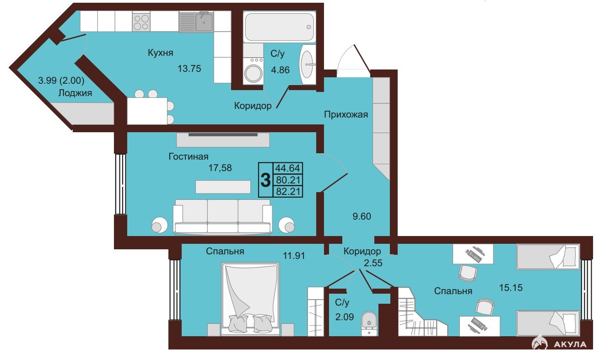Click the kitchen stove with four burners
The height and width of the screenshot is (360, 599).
click(x=141, y=22)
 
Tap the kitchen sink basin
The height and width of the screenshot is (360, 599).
click(x=204, y=22)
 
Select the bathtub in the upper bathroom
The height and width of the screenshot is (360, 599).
click(x=280, y=27)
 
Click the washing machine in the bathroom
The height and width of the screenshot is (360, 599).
click(x=253, y=70)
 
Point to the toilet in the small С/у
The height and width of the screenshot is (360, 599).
click(x=369, y=323)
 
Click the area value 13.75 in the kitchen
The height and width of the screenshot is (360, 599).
click(x=189, y=69)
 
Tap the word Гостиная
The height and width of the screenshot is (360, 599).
click(x=189, y=156)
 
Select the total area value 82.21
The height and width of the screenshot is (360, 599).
click(x=288, y=191)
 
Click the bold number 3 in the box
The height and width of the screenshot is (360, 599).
click(x=265, y=180)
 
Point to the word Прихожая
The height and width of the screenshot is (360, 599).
click(x=346, y=114)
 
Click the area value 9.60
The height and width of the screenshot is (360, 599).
click(x=362, y=216)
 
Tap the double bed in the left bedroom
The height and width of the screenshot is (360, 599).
click(x=251, y=299)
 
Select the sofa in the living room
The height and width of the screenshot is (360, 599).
click(x=222, y=216)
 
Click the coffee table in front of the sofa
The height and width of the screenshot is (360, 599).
click(x=223, y=187)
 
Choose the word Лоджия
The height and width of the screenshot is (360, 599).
click(x=75, y=93)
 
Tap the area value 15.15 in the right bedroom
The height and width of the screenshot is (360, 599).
click(x=511, y=288)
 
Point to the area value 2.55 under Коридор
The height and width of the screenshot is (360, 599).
click(x=373, y=263)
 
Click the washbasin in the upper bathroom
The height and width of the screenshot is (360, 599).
click(x=308, y=64)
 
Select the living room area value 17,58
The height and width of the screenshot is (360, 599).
click(x=220, y=168)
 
